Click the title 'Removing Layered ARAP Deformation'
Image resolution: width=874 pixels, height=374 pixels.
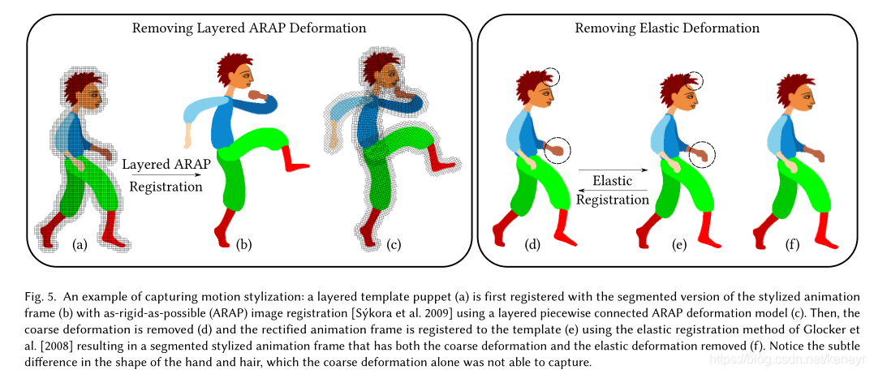pos(249,28)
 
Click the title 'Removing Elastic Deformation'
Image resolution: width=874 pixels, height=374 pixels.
pos(667,28)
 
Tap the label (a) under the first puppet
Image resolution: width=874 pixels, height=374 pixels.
pos(80,243)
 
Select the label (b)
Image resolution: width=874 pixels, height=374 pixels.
pos(243,243)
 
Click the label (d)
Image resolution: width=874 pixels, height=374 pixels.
pos(532,243)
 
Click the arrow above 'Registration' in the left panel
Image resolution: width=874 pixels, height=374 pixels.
pos(167,174)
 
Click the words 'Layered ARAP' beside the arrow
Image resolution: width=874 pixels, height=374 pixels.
pos(166,163)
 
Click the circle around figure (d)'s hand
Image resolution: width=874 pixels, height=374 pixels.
pos(557,150)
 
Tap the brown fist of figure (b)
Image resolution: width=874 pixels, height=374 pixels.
pos(259,96)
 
